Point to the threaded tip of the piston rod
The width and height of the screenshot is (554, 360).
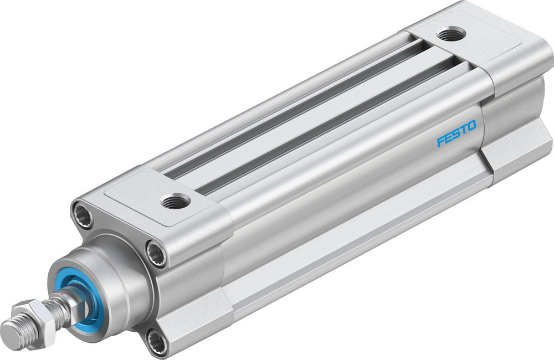pyautogui.click(x=12, y=333)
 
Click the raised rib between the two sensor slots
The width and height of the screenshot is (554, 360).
pyautogui.click(x=310, y=111)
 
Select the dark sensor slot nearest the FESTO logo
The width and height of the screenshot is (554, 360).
pyautogui.click(x=332, y=119)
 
